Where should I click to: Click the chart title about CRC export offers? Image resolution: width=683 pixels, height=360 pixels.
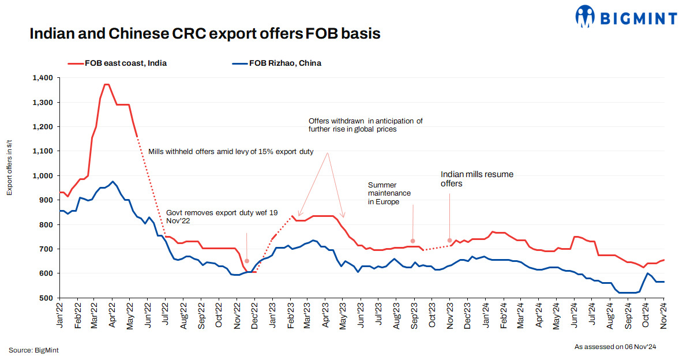tap(205, 34)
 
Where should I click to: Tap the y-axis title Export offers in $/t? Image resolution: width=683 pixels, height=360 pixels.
tap(10, 167)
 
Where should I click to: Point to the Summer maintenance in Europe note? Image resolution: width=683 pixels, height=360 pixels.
tap(389, 193)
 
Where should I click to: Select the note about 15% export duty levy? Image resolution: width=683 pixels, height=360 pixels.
tap(231, 152)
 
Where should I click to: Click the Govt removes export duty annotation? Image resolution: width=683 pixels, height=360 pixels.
tap(222, 217)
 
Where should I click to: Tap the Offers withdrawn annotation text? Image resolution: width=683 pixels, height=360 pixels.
tap(365, 125)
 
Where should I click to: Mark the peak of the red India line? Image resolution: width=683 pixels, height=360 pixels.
tap(106, 85)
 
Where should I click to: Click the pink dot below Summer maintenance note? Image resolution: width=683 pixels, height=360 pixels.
tap(412, 241)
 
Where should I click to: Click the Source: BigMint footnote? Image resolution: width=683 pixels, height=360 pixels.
tap(33, 350)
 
